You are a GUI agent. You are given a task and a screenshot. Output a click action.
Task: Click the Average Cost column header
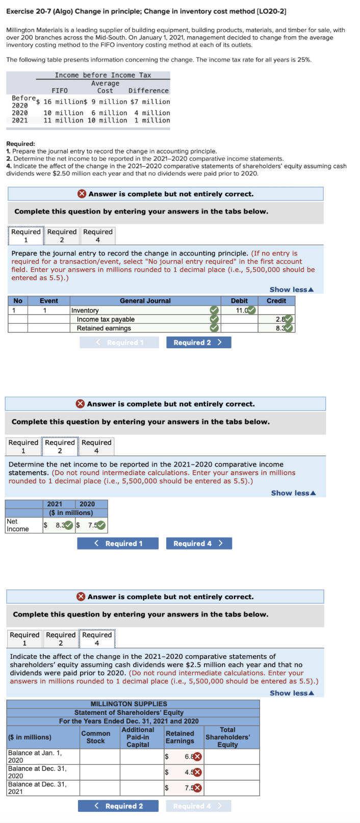105,87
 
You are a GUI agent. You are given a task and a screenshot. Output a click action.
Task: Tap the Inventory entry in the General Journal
85,311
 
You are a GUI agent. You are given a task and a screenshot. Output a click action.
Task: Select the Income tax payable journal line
106,319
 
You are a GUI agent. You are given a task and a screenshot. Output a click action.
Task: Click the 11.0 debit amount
241,311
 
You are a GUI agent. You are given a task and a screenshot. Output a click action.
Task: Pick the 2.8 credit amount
279,319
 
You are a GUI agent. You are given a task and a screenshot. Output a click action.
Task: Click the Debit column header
239,301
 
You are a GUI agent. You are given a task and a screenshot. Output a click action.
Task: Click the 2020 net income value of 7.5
92,525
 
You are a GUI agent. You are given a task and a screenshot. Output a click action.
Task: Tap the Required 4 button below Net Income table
198,544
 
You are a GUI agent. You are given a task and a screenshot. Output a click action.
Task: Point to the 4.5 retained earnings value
188,772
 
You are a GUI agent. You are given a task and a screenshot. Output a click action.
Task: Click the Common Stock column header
96,737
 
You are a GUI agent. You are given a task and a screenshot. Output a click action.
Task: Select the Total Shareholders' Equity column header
227,737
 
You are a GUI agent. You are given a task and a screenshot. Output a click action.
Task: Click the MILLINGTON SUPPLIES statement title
128,704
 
